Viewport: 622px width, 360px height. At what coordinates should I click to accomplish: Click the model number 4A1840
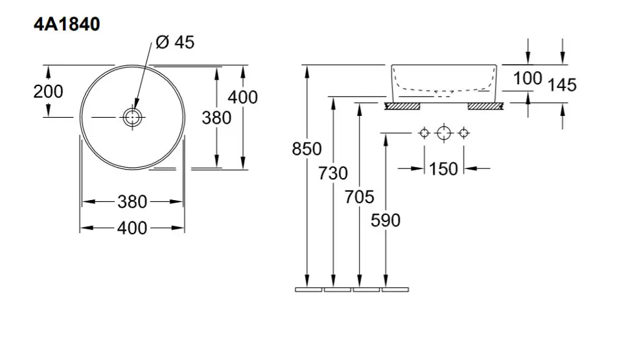(x=67, y=25)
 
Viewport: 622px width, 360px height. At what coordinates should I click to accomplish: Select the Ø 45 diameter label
(x=175, y=43)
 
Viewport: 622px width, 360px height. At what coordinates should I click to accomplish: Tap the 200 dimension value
(x=49, y=91)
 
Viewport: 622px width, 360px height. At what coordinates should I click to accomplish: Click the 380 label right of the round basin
(x=216, y=117)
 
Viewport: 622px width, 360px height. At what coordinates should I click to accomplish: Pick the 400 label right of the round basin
(x=243, y=97)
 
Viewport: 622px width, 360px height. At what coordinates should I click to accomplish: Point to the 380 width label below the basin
(x=132, y=202)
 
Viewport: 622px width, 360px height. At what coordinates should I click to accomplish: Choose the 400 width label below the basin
(x=132, y=228)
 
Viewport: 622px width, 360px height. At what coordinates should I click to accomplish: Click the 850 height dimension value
(x=306, y=149)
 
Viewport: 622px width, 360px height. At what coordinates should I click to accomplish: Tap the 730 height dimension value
(x=333, y=174)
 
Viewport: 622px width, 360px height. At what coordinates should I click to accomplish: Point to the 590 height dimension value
(x=386, y=220)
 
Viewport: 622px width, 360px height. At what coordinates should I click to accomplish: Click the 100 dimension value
(x=527, y=78)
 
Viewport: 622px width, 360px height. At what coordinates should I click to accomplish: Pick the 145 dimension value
(x=562, y=84)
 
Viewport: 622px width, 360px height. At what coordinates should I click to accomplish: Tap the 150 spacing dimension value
(x=443, y=169)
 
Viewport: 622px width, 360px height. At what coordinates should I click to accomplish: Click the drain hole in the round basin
(x=132, y=117)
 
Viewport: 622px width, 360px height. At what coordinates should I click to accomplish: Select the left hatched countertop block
(x=402, y=105)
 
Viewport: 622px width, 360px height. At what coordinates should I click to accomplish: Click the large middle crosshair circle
(x=443, y=133)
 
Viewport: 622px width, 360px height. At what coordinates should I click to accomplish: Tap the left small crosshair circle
(x=424, y=133)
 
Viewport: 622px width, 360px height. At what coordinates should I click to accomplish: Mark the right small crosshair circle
(x=463, y=133)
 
